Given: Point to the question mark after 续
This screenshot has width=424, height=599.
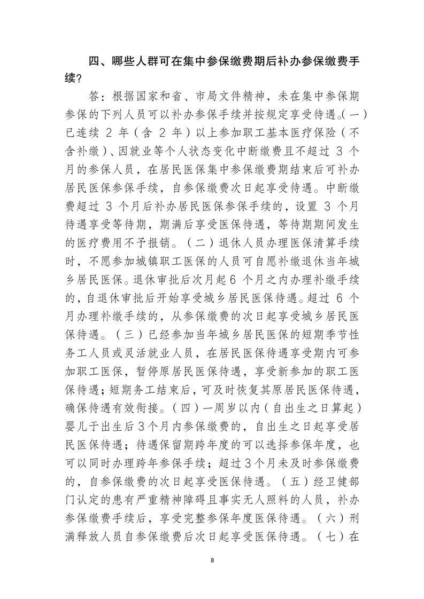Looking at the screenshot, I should [78, 79].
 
